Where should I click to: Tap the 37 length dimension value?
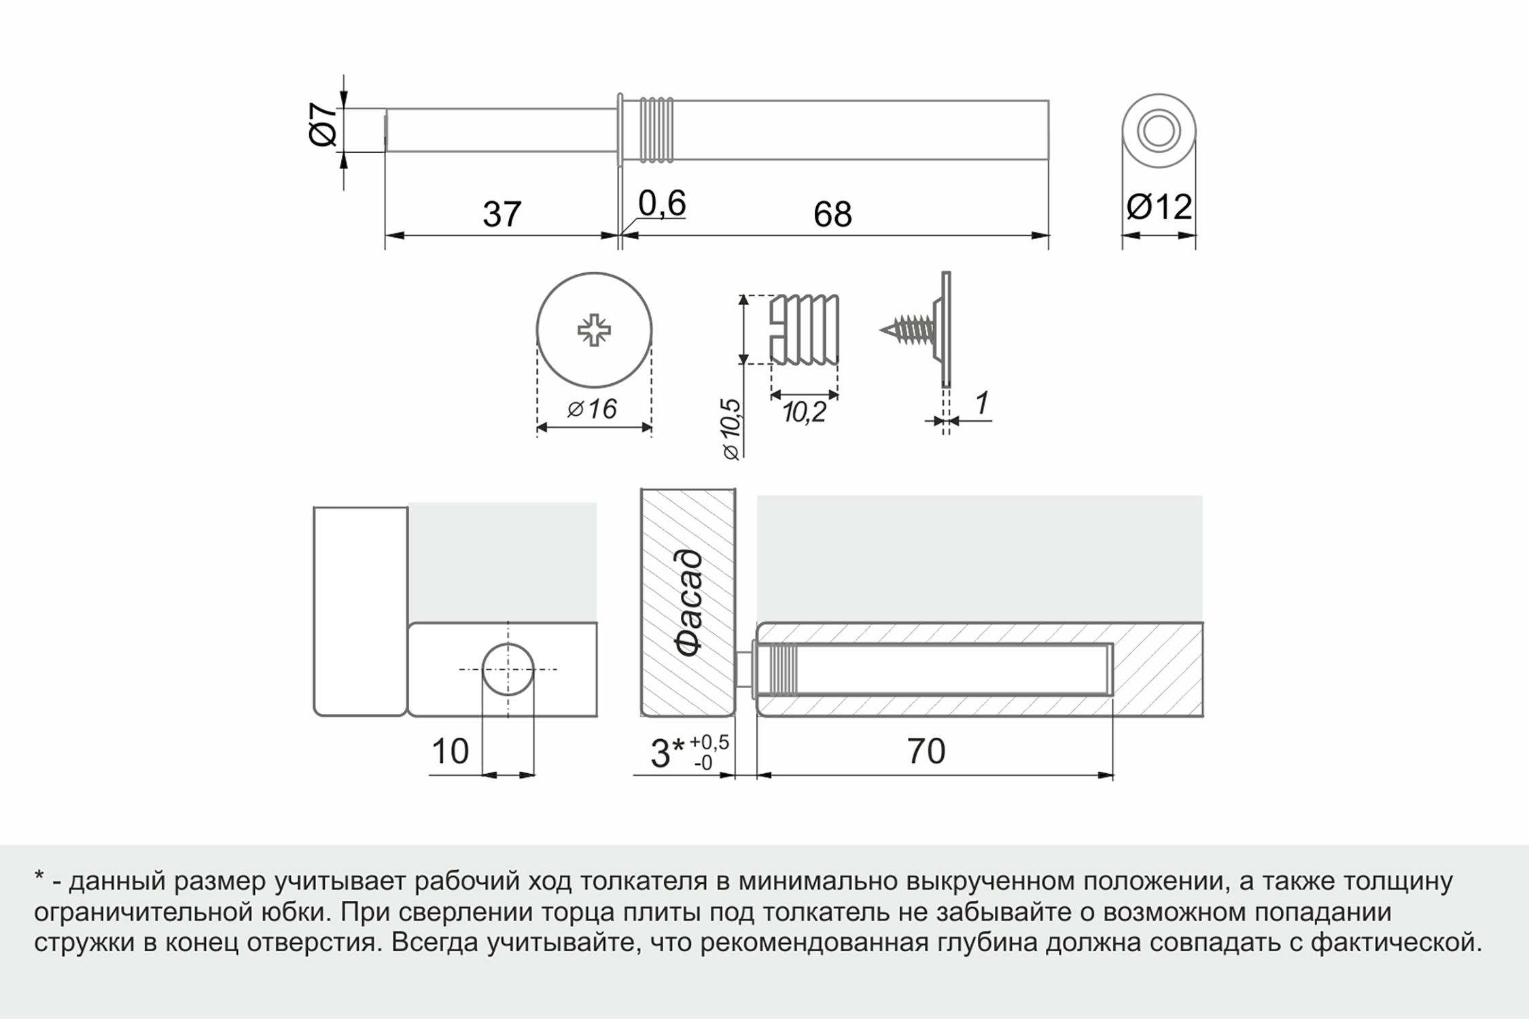point(502,215)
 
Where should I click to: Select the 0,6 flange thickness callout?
point(662,203)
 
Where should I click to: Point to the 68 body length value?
point(832,215)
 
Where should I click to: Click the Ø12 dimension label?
point(1159,207)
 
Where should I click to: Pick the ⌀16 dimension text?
point(593,410)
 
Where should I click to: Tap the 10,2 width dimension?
point(804,412)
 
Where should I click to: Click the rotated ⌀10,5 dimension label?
point(731,429)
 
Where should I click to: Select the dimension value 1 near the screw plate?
point(981,403)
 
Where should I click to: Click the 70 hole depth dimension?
point(926,751)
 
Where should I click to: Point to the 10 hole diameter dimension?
point(450,751)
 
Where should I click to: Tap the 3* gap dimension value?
point(668,753)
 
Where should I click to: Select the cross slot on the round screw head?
point(594,330)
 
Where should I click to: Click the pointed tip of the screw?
point(881,330)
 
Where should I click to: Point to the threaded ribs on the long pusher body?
point(656,130)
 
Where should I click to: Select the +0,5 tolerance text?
point(709,743)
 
